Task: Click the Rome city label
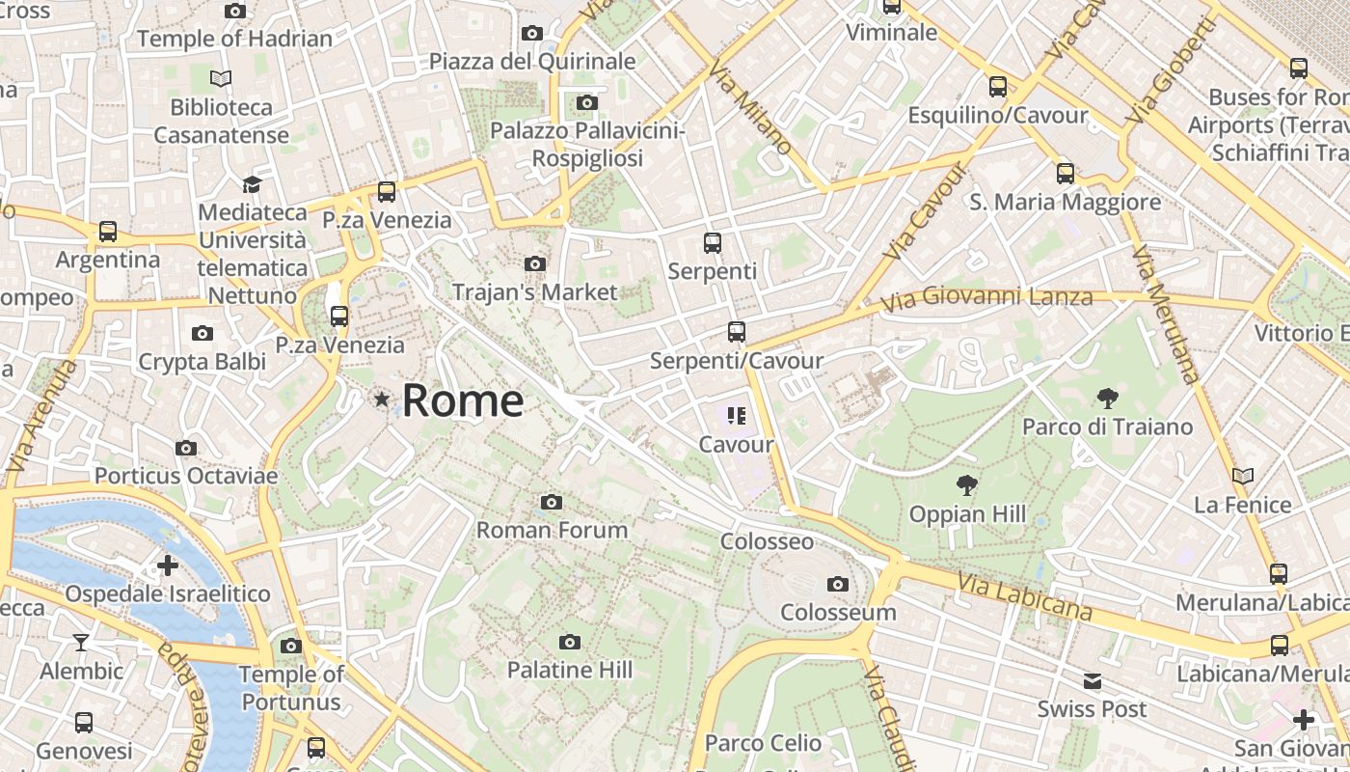tap(463, 400)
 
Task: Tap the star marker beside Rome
tap(383, 399)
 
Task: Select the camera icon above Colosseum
tap(837, 584)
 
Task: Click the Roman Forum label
tap(552, 530)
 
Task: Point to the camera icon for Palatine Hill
tap(570, 642)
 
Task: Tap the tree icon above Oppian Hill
tap(966, 485)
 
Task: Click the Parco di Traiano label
tap(1107, 427)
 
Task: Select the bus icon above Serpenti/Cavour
tap(737, 332)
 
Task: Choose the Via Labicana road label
tap(1025, 595)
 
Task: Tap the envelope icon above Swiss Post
tap(1092, 681)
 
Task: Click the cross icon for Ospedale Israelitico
tap(168, 565)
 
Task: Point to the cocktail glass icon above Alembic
tap(82, 642)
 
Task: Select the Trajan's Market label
tap(534, 291)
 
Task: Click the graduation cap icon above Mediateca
tap(252, 183)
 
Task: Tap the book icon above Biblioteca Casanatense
tap(221, 78)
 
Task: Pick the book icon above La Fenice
tap(1243, 476)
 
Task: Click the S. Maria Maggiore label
tap(1065, 203)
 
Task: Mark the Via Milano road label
tap(750, 106)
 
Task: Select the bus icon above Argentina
tap(108, 232)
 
